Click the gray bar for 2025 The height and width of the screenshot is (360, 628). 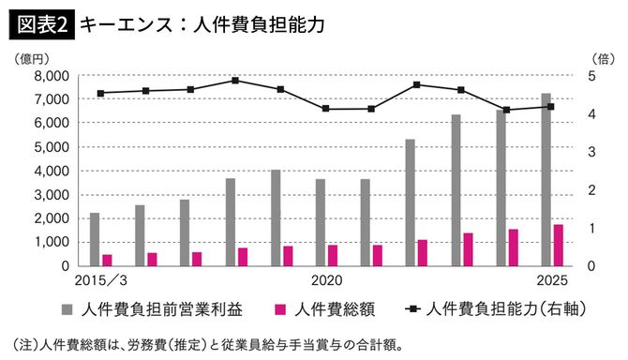546,179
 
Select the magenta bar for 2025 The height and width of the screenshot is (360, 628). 559,245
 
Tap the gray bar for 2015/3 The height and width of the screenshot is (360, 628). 95,239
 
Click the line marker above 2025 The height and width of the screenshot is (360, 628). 551,107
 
